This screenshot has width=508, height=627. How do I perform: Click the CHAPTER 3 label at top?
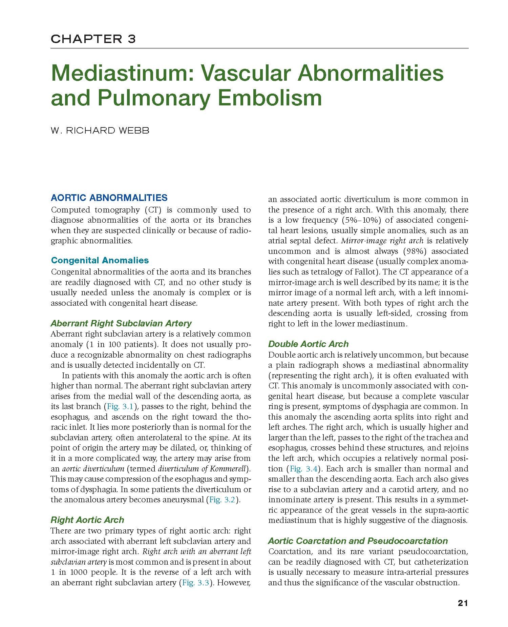pyautogui.click(x=93, y=39)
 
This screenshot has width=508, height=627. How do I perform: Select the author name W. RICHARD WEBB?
pyautogui.click(x=100, y=130)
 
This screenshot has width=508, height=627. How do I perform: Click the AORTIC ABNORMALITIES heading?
pyautogui.click(x=109, y=198)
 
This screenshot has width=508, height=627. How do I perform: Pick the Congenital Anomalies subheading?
pyautogui.click(x=100, y=260)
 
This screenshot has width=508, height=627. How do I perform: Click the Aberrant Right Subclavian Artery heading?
pyautogui.click(x=121, y=323)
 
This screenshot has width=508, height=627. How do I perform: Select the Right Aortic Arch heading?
pyautogui.click(x=87, y=520)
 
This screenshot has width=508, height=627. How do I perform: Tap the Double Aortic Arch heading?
pyautogui.click(x=308, y=344)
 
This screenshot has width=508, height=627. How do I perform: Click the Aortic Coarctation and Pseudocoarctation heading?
pyautogui.click(x=358, y=541)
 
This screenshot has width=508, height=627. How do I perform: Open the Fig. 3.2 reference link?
pyautogui.click(x=222, y=500)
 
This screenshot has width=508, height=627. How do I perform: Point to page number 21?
pyautogui.click(x=463, y=603)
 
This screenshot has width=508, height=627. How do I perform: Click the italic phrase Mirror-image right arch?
pyautogui.click(x=382, y=241)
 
